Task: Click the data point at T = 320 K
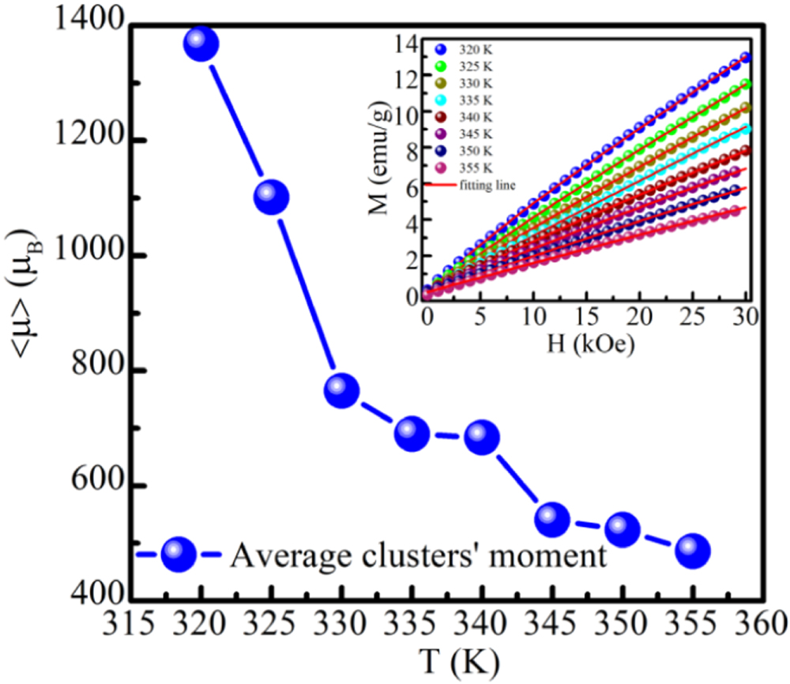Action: [x=201, y=44]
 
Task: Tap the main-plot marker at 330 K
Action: [x=341, y=390]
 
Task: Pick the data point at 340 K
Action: [x=482, y=437]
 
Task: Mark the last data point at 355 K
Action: [x=693, y=550]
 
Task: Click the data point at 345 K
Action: [x=552, y=518]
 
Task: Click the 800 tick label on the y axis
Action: [x=92, y=371]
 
